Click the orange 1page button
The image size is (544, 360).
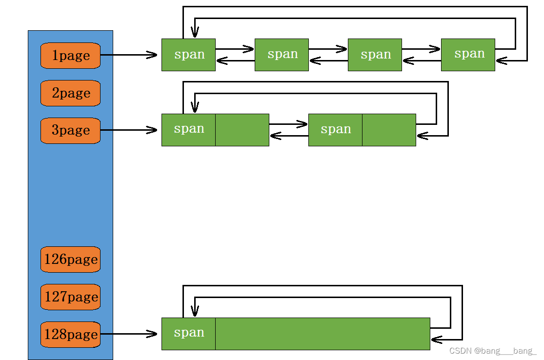[x=70, y=56]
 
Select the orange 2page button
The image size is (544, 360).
[x=70, y=93]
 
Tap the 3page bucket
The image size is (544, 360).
[x=70, y=130]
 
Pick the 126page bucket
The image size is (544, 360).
[x=70, y=260]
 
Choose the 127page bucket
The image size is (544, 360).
[x=70, y=297]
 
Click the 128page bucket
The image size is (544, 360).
[x=70, y=335]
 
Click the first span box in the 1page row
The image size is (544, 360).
[x=188, y=55]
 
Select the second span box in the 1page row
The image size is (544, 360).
[x=282, y=55]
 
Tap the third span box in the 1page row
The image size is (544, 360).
[x=375, y=55]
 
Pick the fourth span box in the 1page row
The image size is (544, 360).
[x=468, y=55]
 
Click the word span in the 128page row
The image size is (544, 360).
[x=189, y=333]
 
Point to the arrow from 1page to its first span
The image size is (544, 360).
[x=129, y=55]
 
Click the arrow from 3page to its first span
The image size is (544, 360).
[x=129, y=130]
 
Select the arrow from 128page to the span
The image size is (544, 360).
[x=129, y=334]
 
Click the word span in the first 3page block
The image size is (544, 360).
[x=189, y=129]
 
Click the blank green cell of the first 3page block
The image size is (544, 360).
[x=242, y=130]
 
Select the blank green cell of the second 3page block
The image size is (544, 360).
[x=389, y=130]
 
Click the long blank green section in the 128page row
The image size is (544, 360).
[x=322, y=334]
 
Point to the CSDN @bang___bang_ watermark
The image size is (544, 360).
[x=493, y=351]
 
